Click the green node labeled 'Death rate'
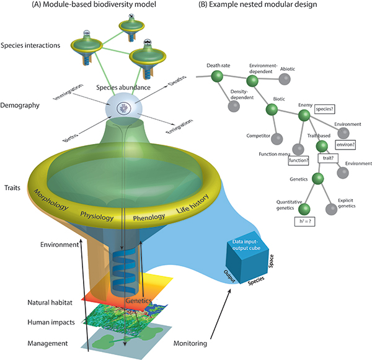pos(216,76)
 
